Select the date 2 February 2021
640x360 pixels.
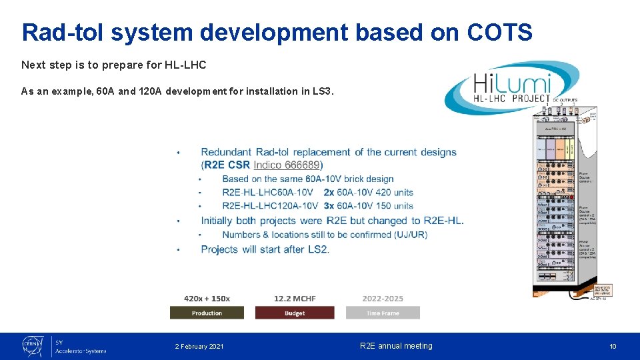199,347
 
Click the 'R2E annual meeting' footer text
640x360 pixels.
396,346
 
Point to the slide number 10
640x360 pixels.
613,347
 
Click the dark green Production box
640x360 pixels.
207,313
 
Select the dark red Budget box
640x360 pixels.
294,313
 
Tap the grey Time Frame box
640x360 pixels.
383,313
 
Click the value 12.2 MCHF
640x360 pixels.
295,299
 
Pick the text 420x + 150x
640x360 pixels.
207,299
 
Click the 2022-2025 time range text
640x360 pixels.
383,299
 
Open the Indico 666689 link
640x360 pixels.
288,165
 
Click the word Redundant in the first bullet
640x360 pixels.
227,152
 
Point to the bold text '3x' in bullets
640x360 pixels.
329,206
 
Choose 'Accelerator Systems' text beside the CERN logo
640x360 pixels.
81,351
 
